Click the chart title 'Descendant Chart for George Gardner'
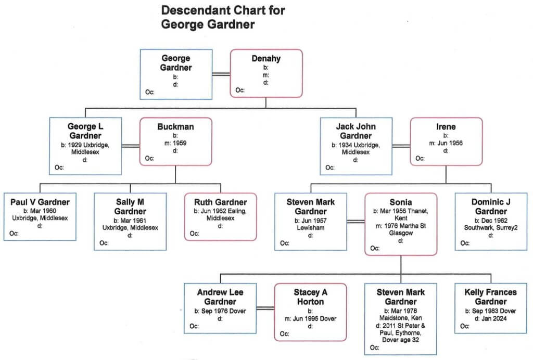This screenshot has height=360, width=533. [223, 17]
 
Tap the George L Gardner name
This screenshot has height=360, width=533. [85, 131]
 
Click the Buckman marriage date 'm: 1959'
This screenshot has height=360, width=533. [175, 143]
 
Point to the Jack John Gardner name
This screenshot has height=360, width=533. [356, 131]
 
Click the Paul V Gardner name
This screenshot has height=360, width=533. [40, 202]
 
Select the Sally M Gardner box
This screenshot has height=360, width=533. [130, 222]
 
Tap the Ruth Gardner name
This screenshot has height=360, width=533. [220, 202]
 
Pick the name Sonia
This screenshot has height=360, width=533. [401, 202]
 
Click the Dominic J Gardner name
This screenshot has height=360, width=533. [491, 207]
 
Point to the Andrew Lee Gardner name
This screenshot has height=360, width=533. [220, 297]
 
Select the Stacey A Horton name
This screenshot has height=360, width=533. [311, 297]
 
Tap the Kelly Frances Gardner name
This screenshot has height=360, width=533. [491, 297]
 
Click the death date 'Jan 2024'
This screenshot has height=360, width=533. [491, 318]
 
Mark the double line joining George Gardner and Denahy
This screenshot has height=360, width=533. [221, 74]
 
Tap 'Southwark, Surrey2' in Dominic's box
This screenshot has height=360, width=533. [491, 228]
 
